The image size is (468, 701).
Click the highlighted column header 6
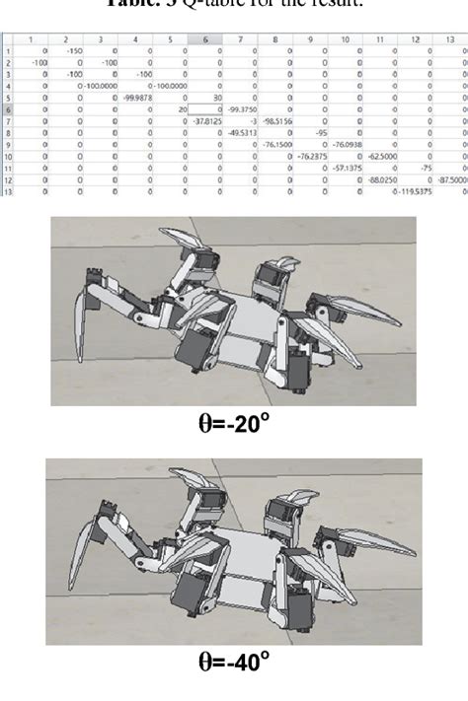pos(204,38)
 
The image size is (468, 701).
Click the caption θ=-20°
pos(233,425)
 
